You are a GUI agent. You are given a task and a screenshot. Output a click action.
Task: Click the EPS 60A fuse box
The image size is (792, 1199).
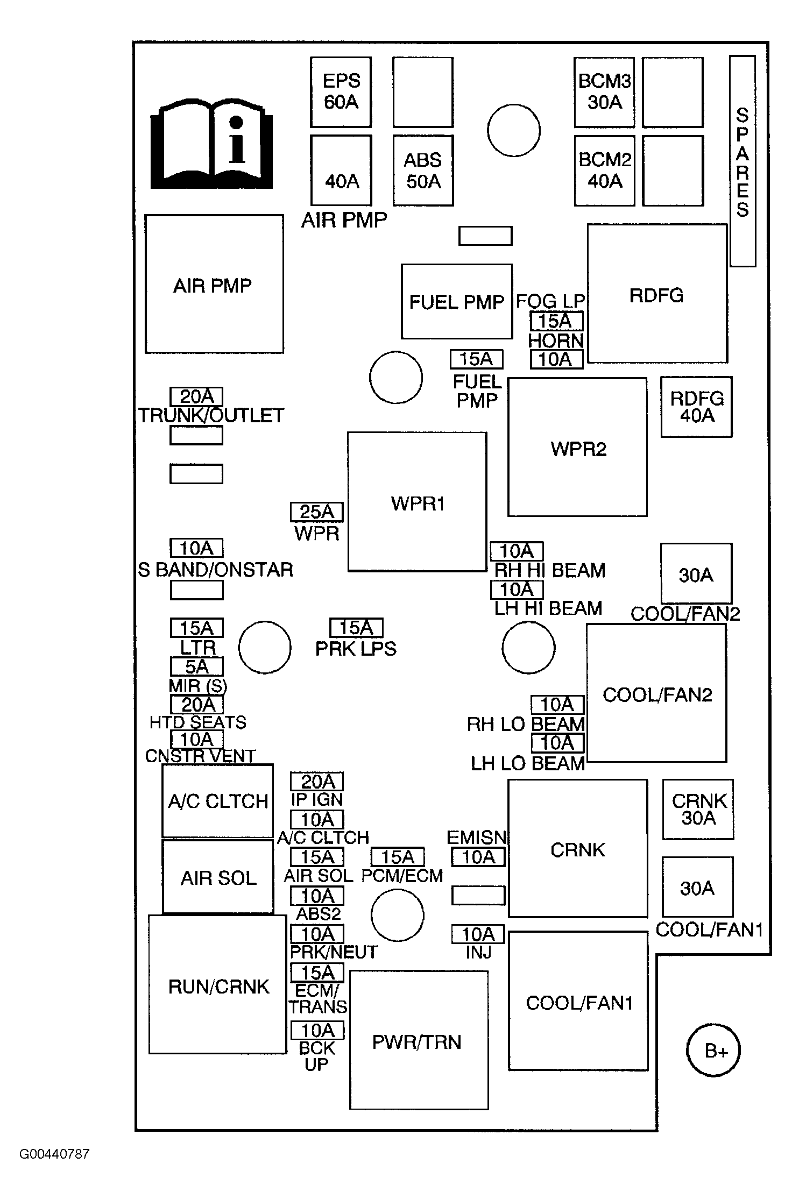click(x=341, y=91)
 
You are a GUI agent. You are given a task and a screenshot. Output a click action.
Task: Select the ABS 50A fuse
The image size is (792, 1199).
click(x=423, y=171)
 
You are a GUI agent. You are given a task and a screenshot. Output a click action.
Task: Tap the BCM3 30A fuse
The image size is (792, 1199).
click(x=604, y=91)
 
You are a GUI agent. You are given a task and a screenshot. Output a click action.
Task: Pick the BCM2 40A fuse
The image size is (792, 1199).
click(x=604, y=171)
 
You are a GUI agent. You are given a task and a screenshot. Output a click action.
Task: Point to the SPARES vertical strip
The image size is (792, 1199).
click(x=742, y=161)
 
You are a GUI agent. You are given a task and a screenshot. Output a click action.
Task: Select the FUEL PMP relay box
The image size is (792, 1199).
click(x=456, y=301)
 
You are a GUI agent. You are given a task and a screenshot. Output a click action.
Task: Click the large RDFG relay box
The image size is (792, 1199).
click(x=657, y=294)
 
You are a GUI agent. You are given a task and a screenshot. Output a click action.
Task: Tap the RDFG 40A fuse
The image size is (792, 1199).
click(x=697, y=407)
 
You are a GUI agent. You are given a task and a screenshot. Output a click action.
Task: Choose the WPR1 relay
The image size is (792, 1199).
click(x=417, y=502)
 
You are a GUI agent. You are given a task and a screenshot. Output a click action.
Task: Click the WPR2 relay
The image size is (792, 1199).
click(x=577, y=447)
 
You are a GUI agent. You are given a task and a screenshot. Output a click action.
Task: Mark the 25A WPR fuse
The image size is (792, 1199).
click(x=316, y=512)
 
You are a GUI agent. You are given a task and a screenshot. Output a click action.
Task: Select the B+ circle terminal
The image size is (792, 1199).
click(x=713, y=1051)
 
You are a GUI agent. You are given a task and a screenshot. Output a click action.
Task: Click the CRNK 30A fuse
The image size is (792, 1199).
click(x=698, y=810)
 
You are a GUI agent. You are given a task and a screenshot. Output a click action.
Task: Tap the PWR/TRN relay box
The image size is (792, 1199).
click(x=419, y=1040)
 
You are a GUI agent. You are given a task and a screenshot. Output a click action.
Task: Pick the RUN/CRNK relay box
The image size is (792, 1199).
click(x=217, y=985)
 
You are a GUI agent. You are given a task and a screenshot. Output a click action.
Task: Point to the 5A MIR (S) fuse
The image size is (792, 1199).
click(x=196, y=667)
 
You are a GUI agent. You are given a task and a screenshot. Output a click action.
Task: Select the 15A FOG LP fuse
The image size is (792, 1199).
click(x=556, y=321)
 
